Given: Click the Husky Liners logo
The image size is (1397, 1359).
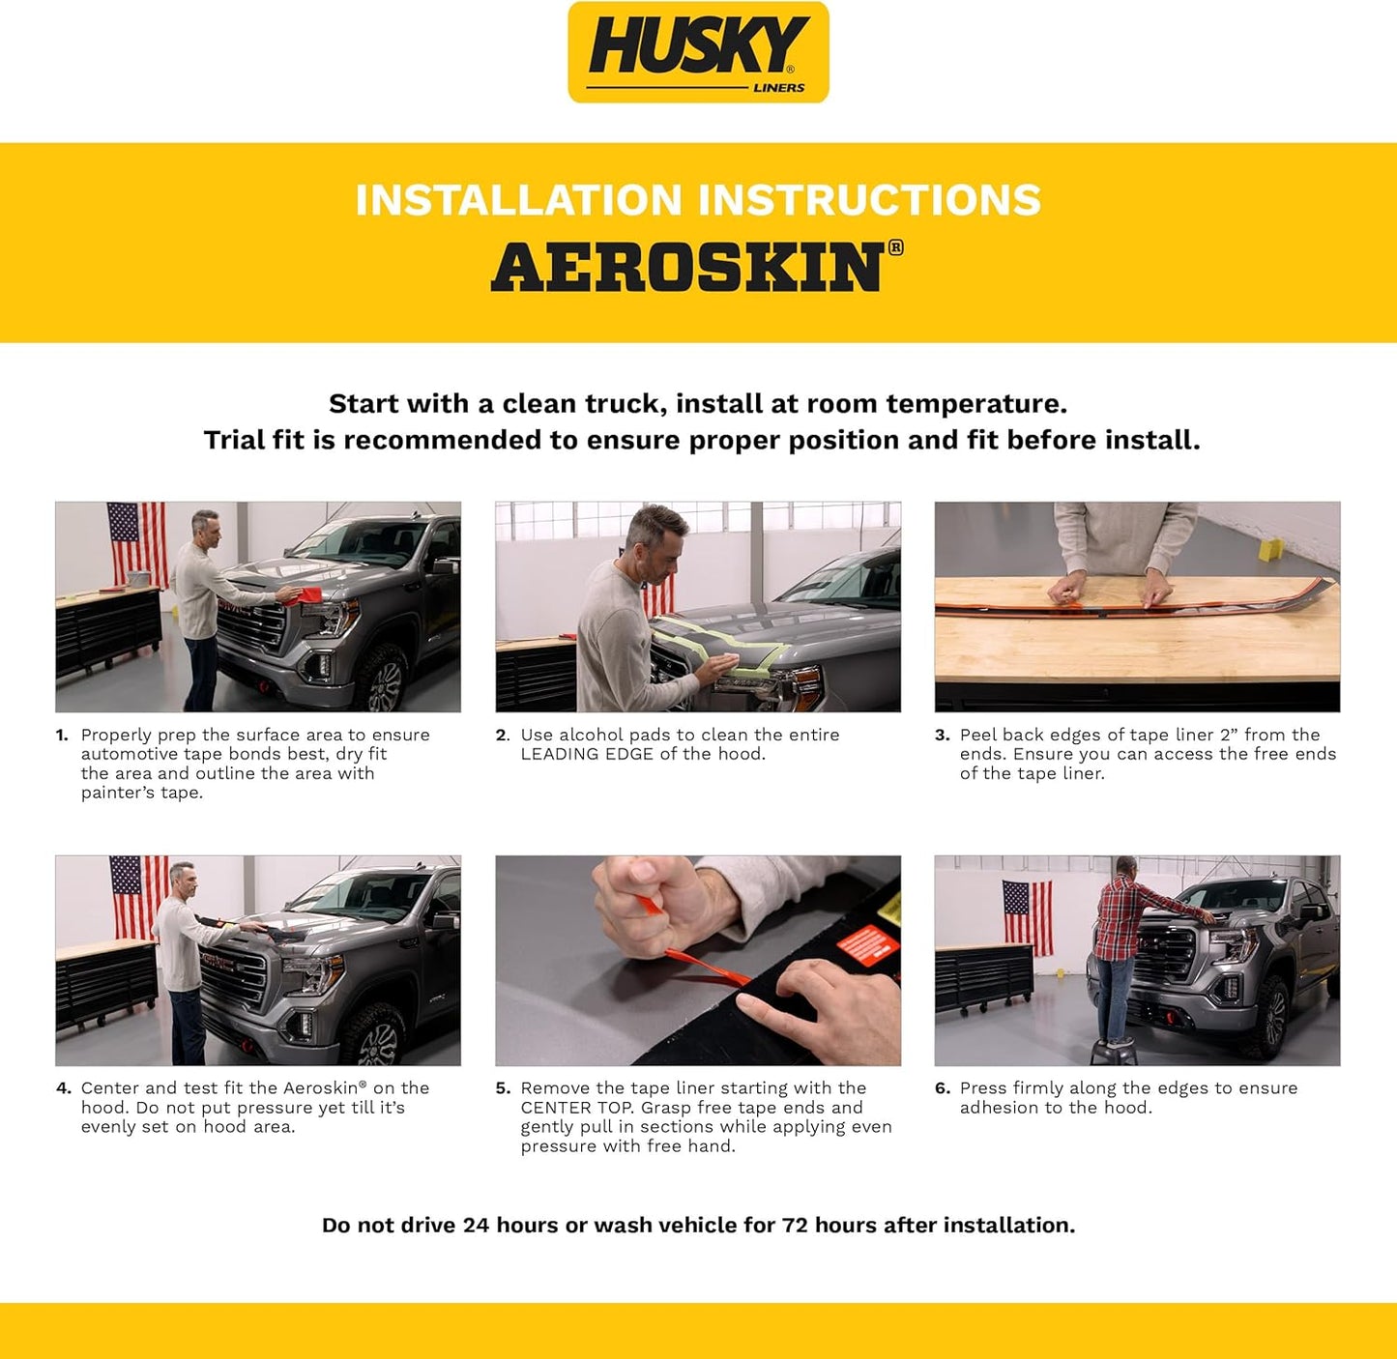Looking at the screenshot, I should [698, 52].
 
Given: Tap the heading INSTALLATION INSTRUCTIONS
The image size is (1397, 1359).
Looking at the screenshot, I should [698, 200].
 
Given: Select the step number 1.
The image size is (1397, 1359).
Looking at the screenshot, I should [62, 736].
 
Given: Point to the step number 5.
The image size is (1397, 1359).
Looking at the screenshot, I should [502, 1088].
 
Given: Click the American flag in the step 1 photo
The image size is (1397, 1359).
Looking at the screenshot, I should [136, 542].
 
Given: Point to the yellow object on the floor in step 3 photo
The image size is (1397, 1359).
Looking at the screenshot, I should [1269, 549].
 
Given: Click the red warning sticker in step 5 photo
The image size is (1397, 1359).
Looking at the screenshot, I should [866, 944].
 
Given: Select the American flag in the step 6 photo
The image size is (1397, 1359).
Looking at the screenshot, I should [1027, 916].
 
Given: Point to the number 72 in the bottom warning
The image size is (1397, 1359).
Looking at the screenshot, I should [795, 1226].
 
